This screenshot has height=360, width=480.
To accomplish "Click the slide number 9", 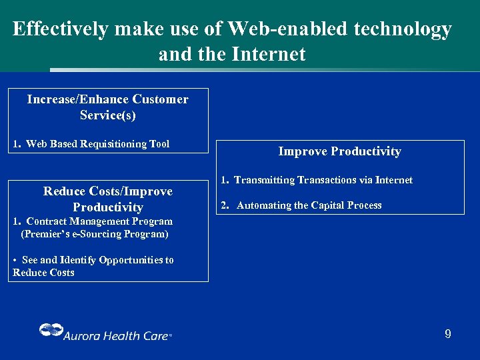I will [448, 334].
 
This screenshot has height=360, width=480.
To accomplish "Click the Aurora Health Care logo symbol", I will [50, 331].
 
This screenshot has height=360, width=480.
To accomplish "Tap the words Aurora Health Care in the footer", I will [116, 336].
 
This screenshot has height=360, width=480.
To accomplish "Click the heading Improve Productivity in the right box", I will [339, 151].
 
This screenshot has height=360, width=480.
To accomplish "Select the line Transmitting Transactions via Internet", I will [323, 180].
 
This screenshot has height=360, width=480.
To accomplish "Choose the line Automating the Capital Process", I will [309, 205].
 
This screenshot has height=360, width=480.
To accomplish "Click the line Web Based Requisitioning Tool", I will [97, 144].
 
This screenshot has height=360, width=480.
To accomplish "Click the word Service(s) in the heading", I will [107, 115].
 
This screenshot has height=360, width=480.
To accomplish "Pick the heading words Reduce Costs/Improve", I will [107, 191].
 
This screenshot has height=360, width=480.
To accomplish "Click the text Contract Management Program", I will [99, 221].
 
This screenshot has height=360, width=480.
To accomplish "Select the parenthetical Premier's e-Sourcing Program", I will [95, 234].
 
